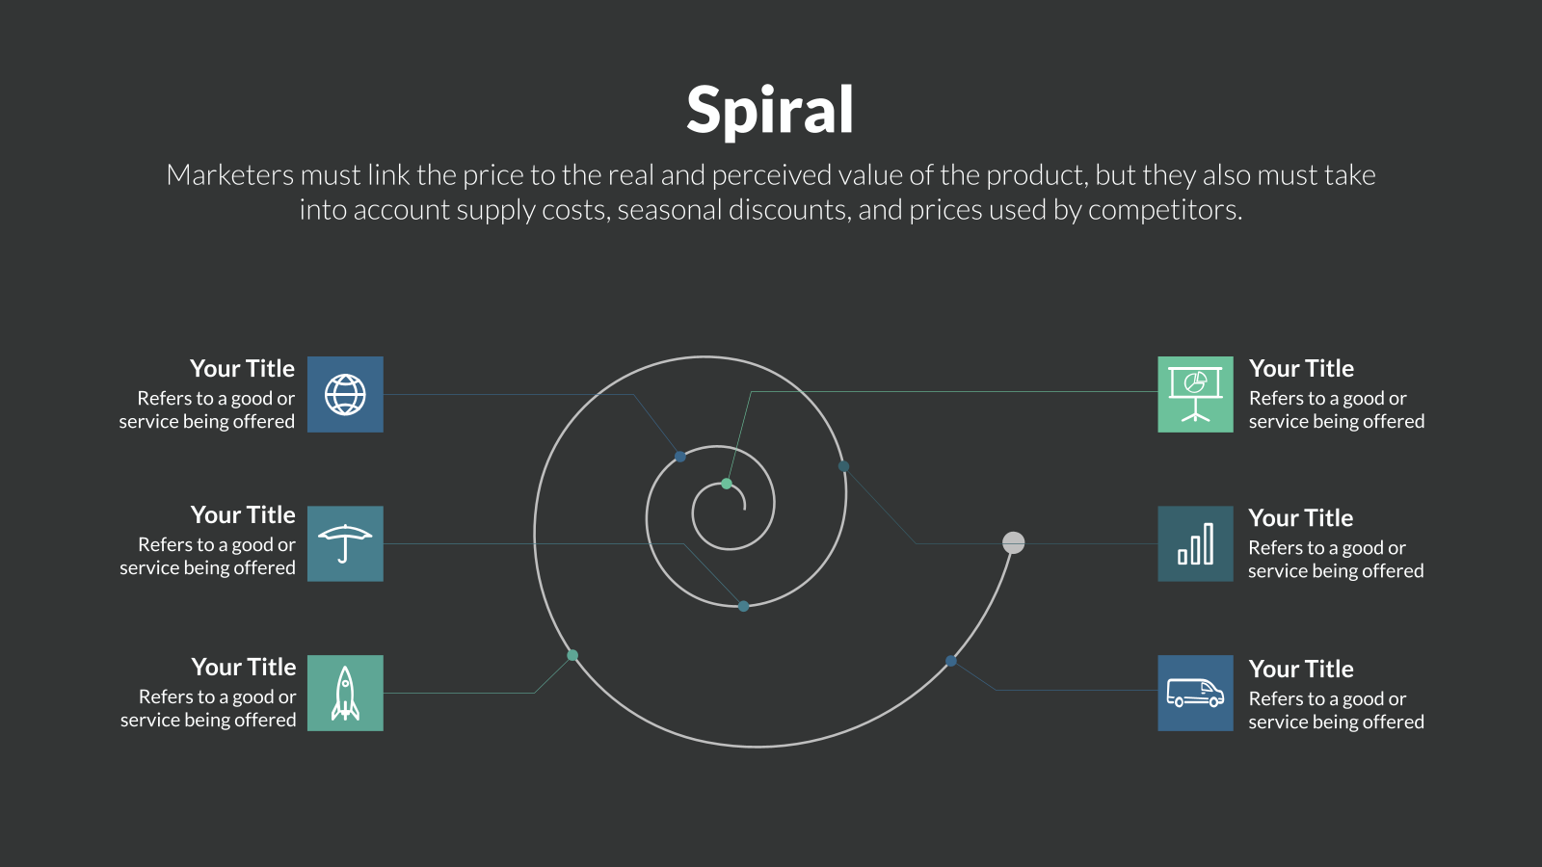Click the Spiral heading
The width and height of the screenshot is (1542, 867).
tap(770, 110)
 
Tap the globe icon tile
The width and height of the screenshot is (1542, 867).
tap(345, 394)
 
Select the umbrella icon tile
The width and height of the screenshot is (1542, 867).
tap(345, 543)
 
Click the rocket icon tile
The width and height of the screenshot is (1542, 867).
tap(345, 693)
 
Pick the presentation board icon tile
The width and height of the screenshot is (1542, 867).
tap(1195, 394)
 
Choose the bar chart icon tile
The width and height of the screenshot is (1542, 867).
tap(1195, 543)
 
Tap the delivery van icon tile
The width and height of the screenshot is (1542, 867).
tap(1195, 693)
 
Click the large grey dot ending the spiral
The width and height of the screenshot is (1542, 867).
tap(1013, 543)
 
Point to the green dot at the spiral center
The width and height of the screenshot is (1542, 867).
tap(727, 484)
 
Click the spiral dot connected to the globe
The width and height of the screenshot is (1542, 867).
tap(680, 457)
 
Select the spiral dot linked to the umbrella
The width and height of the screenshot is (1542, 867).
tap(743, 606)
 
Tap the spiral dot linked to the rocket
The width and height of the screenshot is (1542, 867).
tap(572, 655)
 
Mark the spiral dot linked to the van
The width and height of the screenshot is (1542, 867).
tap(950, 661)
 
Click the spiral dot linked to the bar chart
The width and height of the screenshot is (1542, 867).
tap(843, 466)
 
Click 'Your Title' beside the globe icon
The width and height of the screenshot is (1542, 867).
tap(242, 369)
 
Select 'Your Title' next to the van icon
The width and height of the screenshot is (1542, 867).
tap(1301, 669)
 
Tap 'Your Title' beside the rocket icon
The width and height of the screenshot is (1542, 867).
tap(244, 667)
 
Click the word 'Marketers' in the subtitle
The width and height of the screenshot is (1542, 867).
tap(230, 174)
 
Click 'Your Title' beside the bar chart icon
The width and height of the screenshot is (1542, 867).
tap(1301, 518)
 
